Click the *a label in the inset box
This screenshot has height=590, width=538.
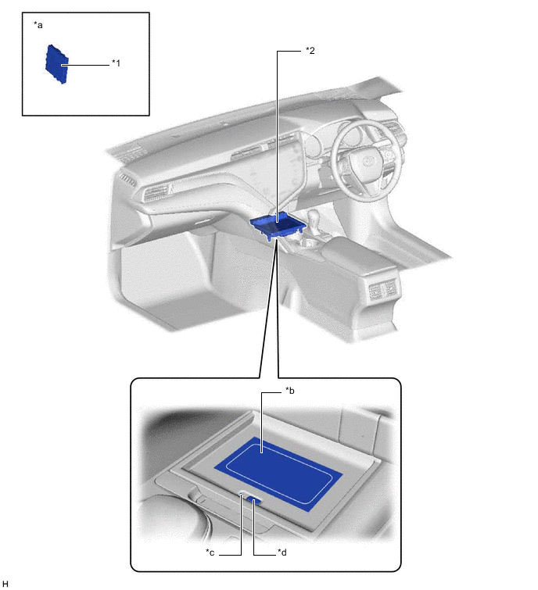click(x=38, y=25)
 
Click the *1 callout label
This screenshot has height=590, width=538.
click(x=116, y=63)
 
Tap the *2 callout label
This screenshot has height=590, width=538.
click(x=310, y=51)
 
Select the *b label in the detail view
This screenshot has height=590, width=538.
click(x=290, y=391)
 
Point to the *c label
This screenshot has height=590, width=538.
click(x=210, y=552)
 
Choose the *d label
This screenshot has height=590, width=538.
click(x=282, y=552)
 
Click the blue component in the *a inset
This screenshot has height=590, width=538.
click(x=57, y=64)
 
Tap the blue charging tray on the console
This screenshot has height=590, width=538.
click(x=278, y=225)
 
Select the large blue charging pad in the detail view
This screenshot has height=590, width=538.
click(x=278, y=474)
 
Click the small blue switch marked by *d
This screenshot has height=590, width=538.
click(x=254, y=501)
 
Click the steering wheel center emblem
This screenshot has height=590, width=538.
click(x=367, y=162)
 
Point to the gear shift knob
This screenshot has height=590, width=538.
click(x=314, y=216)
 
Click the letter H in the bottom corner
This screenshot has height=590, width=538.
click(x=5, y=584)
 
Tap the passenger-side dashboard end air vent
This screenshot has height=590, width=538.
click(x=127, y=179)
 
